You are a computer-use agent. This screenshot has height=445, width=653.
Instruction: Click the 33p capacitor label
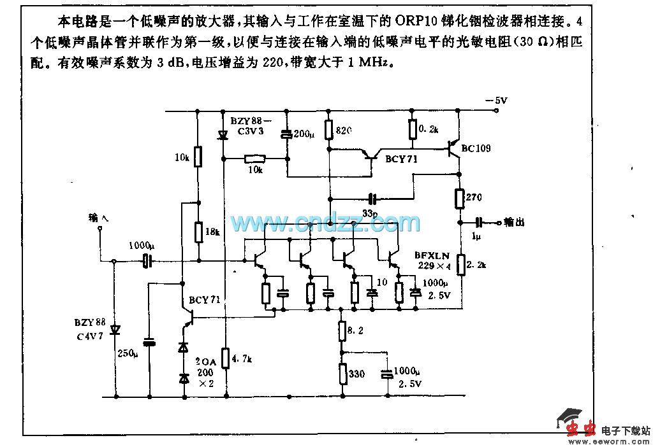tap(371, 212)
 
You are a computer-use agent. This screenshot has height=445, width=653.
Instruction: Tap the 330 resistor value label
tap(357, 374)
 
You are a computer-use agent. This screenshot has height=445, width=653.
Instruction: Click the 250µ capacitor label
tap(128, 353)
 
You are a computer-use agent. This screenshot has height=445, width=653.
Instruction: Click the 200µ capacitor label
tap(304, 134)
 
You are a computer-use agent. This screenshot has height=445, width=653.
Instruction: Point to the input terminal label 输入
tap(99, 218)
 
